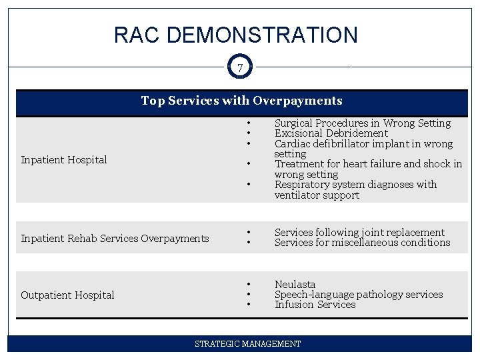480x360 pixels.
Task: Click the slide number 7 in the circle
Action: click(240, 67)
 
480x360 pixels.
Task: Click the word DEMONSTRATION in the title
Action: click(262, 35)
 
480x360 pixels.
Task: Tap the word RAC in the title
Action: click(137, 35)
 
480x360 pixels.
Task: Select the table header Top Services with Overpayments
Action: click(241, 101)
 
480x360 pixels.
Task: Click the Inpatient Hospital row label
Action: click(64, 159)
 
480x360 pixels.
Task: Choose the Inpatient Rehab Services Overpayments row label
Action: click(115, 238)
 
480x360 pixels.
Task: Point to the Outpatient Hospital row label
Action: click(67, 295)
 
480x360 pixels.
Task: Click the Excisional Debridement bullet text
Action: click(331, 133)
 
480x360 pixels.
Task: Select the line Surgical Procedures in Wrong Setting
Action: click(362, 123)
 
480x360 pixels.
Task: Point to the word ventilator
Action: click(298, 195)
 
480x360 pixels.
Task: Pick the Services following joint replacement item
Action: click(359, 233)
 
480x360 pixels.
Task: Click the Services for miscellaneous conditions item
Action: click(362, 243)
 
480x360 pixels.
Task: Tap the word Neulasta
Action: click(295, 285)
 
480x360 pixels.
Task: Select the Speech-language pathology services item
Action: click(358, 295)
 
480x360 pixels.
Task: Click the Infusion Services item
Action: click(315, 305)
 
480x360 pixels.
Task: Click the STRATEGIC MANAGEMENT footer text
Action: click(247, 344)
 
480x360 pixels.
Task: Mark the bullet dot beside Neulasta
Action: click(248, 285)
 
